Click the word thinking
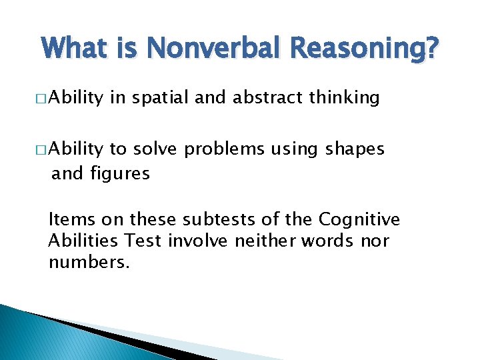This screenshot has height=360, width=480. [x=346, y=99]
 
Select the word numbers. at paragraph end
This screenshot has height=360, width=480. [x=89, y=262]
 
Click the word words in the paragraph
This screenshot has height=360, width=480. [x=327, y=240]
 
